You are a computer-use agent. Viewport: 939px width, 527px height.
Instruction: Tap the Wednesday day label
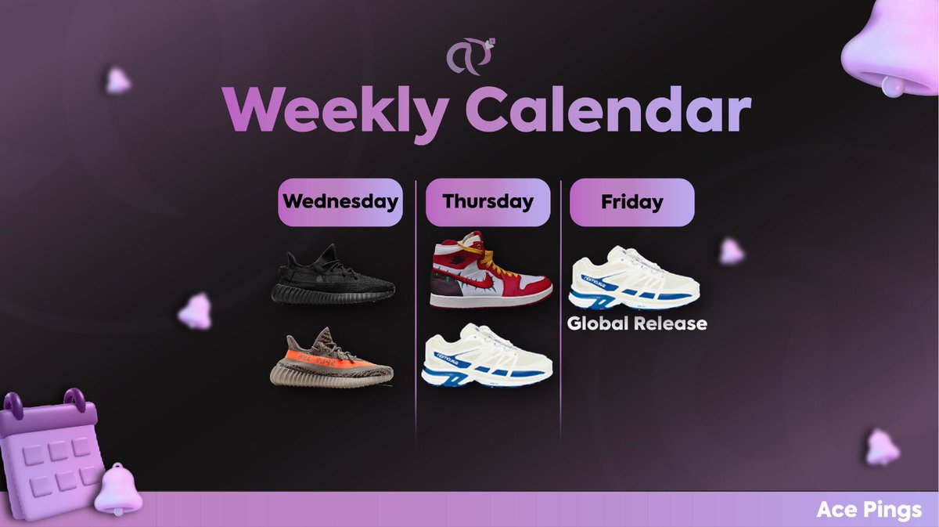click(340, 202)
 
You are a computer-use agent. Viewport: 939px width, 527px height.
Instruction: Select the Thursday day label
click(487, 202)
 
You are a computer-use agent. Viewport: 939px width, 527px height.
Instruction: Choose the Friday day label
click(631, 202)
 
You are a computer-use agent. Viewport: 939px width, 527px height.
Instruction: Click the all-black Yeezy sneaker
click(334, 275)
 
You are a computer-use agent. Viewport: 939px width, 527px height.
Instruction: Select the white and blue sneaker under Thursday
click(487, 356)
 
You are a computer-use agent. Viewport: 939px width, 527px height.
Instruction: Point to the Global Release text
click(637, 323)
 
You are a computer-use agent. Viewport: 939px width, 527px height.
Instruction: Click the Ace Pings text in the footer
click(869, 511)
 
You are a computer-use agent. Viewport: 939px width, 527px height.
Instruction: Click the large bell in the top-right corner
click(892, 47)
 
